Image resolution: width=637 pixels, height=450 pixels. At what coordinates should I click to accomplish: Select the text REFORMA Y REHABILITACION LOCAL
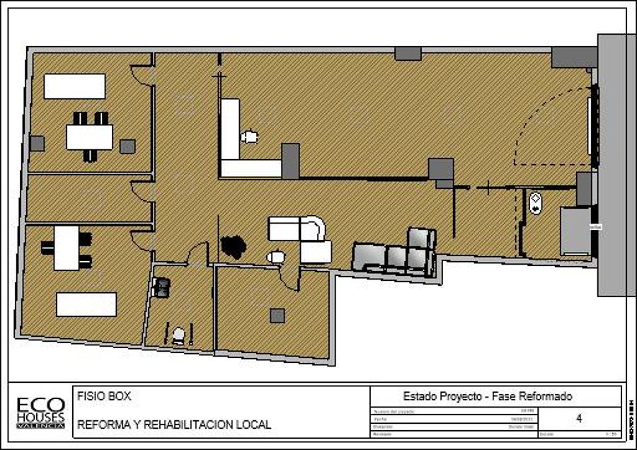[174, 425]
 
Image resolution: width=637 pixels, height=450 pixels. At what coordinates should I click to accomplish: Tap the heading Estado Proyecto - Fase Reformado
[487, 396]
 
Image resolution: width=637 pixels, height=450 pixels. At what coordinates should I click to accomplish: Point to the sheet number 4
[579, 418]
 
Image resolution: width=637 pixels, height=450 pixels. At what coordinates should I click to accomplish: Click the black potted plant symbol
[233, 246]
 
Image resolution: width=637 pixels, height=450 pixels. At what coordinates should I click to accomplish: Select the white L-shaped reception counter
[245, 153]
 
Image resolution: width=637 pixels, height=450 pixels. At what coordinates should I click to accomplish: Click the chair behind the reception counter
[249, 136]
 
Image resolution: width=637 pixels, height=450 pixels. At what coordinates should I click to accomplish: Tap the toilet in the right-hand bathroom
[535, 203]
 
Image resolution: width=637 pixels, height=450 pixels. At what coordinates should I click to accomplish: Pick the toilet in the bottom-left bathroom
[179, 333]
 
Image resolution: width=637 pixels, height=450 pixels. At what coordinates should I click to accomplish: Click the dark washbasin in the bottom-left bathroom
[162, 287]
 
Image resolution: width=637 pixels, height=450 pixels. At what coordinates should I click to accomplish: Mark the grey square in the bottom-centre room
[277, 316]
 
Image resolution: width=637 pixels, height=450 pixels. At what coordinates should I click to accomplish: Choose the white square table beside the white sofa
[316, 252]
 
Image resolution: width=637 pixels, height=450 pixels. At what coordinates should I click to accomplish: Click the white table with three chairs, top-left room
[90, 137]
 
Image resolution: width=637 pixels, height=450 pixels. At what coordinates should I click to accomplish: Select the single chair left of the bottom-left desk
[47, 248]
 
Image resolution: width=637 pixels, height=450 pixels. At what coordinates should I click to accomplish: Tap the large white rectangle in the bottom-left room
[86, 304]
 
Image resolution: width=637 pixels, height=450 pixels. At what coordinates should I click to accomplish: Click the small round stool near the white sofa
[276, 258]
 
